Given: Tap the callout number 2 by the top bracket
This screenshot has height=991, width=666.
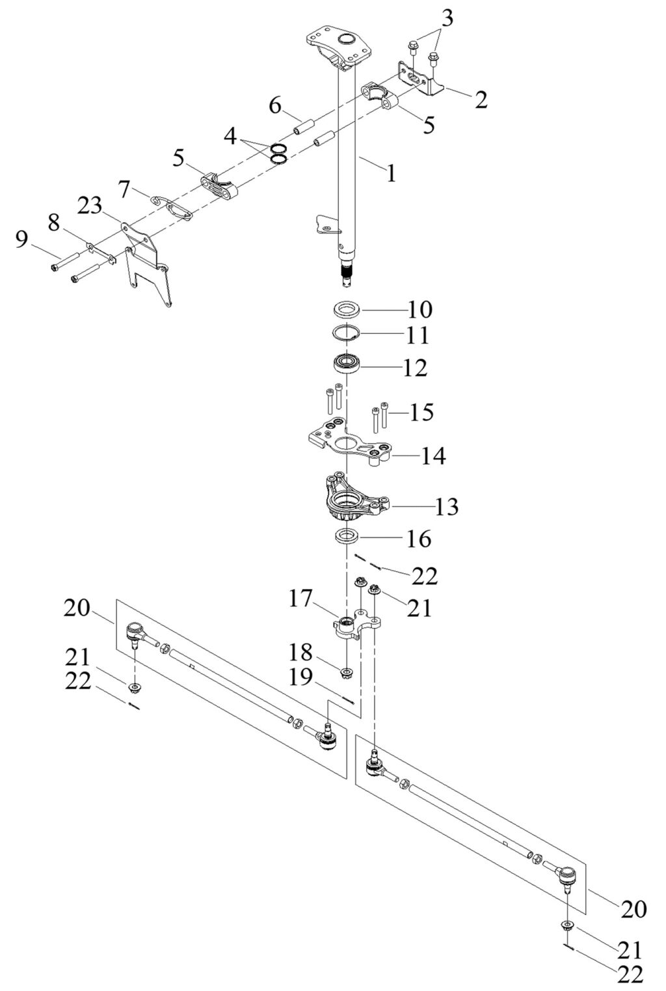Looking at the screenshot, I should click(480, 100).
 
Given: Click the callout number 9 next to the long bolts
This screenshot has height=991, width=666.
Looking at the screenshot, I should click(22, 241).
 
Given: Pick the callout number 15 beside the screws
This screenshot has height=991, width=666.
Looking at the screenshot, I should click(421, 413).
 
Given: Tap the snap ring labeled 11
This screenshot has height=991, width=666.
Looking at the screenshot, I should click(347, 334).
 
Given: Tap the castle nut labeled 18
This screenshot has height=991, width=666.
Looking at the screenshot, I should click(346, 670).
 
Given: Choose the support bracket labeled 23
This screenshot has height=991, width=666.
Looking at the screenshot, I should click(146, 264).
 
